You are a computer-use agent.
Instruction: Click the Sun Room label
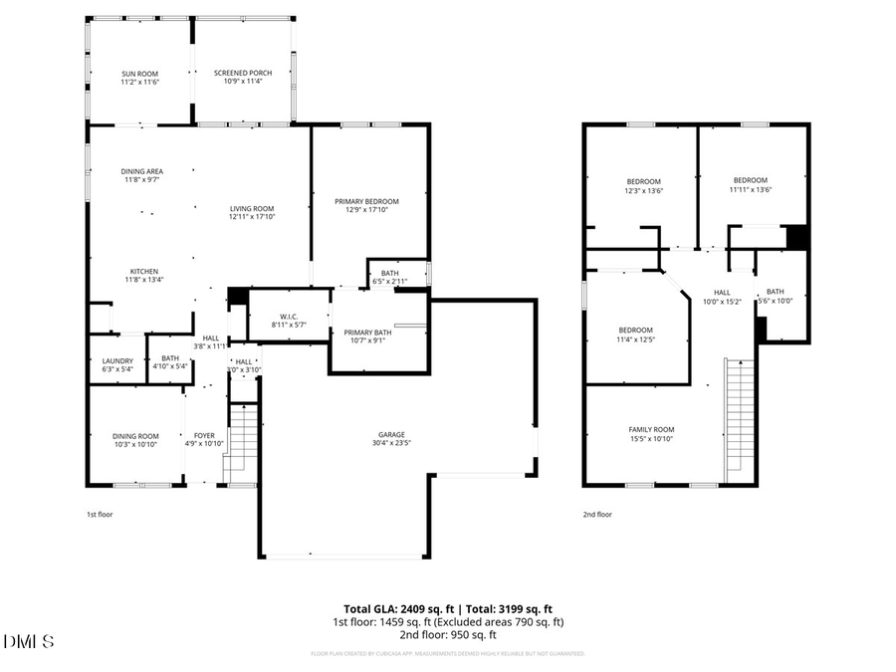tap(139, 74)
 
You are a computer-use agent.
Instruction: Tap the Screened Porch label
tap(242, 74)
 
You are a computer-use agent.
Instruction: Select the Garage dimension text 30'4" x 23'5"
tap(390, 443)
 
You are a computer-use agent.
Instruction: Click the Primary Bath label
tap(368, 333)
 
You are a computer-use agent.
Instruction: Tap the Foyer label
tap(204, 435)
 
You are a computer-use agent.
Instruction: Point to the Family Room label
tap(650, 429)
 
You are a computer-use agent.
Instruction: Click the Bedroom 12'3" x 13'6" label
tap(643, 180)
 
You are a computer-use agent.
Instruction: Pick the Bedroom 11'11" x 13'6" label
tap(750, 180)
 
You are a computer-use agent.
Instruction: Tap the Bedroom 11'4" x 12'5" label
tap(635, 331)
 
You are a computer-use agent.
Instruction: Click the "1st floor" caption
tap(100, 515)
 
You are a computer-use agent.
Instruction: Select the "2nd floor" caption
tap(597, 515)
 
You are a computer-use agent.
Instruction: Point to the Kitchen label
tap(143, 272)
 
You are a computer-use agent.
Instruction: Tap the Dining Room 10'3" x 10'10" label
tap(134, 435)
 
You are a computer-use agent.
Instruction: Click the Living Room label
tap(251, 208)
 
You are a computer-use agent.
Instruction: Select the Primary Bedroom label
tap(366, 201)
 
